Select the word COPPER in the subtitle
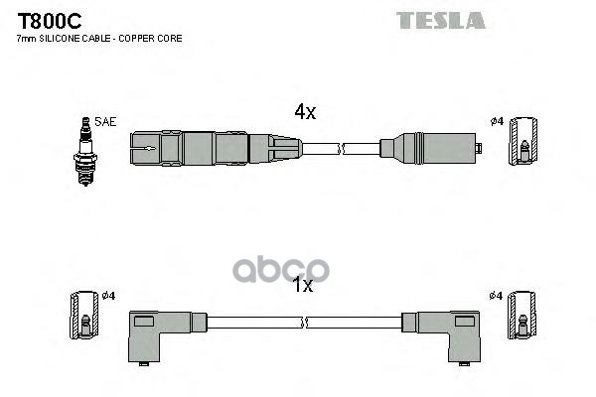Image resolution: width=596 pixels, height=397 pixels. point(142,39)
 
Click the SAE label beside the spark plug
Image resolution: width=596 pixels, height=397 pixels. point(106,121)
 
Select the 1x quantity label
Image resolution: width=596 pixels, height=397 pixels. point(302,286)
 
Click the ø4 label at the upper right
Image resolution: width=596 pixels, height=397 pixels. point(498,121)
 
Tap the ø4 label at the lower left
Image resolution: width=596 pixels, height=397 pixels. point(110,296)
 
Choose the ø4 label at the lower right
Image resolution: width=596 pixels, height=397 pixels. point(496,296)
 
